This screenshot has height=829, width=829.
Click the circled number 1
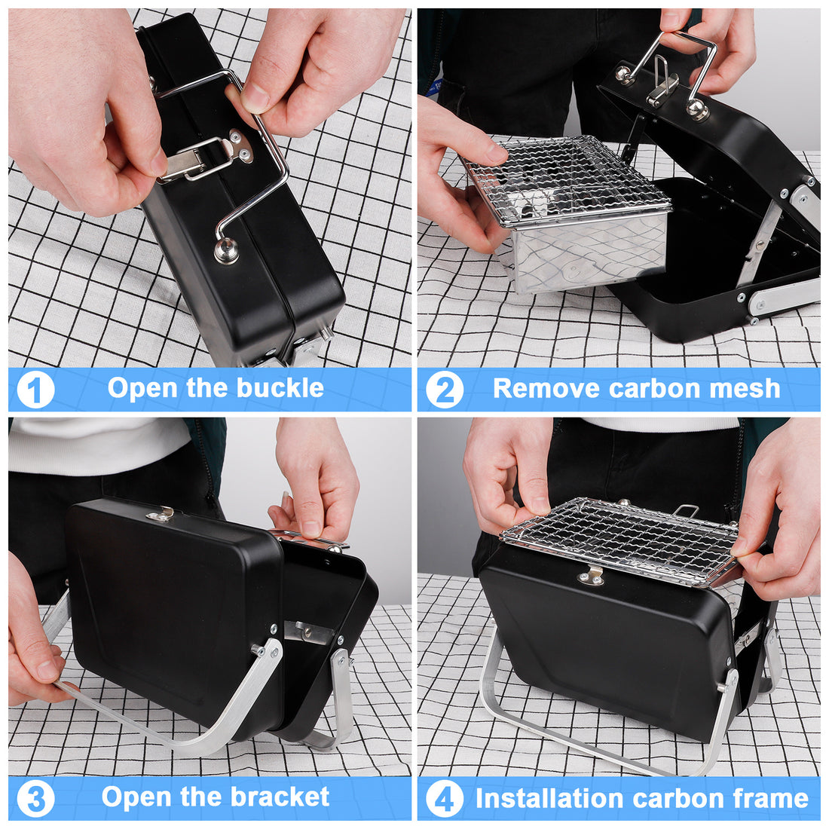tap(35, 390)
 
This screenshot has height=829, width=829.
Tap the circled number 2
tap(445, 390)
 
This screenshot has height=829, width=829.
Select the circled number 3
tap(35, 799)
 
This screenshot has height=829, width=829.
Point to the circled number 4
tap(445, 799)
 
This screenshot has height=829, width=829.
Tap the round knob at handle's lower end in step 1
tap(225, 251)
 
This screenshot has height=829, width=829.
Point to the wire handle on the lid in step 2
tap(671, 64)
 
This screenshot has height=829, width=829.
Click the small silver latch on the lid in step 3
tap(161, 515)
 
